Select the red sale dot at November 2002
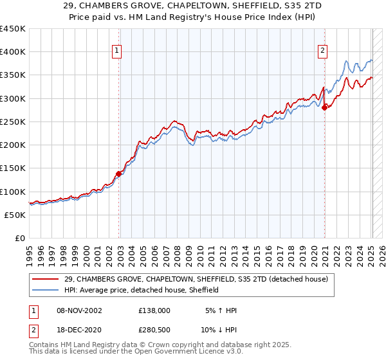119,173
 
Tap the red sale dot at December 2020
325,107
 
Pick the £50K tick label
15,215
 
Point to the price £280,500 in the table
154,331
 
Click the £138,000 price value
154,310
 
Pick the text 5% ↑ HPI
219,310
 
